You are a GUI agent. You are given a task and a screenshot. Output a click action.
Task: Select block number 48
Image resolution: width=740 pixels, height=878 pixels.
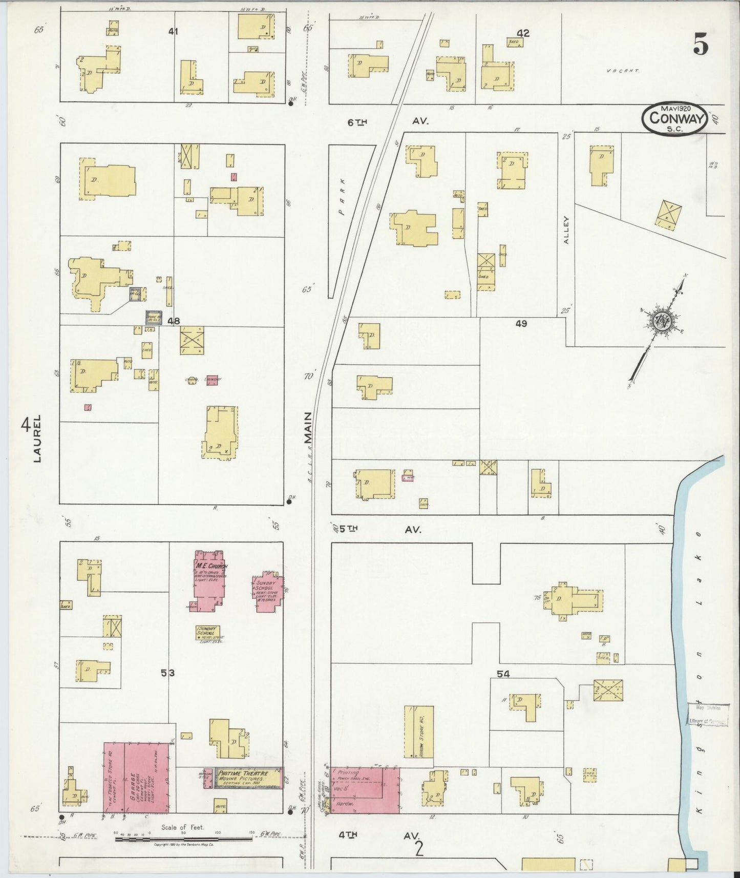tap(174, 321)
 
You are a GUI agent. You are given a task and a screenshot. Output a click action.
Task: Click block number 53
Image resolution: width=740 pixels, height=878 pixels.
tap(167, 674)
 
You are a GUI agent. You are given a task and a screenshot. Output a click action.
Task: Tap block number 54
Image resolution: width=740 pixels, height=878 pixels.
tap(503, 674)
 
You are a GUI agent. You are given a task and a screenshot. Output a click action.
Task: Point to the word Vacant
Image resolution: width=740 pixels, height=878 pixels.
tap(623, 71)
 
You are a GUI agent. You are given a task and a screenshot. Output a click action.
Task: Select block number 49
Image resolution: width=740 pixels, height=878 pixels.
tap(521, 323)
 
